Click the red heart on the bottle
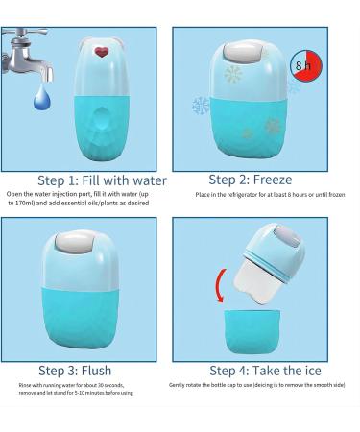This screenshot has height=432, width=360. tap(102, 52)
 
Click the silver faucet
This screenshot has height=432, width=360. tap(26, 55)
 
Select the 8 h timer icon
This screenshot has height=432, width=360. tap(305, 65)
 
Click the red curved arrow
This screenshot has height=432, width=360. tap(220, 285)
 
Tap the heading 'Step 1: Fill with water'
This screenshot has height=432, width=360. tap(102, 180)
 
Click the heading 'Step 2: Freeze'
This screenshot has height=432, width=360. tap(251, 180)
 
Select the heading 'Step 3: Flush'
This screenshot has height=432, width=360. tap(75, 371)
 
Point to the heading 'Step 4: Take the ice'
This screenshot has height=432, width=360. tap(265, 371)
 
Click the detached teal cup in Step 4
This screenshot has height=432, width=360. tap(252, 331)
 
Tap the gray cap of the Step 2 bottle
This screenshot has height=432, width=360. tap(244, 52)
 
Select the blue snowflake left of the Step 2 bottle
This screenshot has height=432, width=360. tap(201, 106)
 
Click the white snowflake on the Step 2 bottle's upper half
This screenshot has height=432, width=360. tap(233, 74)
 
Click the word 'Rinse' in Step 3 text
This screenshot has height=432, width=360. tap(25, 385)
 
